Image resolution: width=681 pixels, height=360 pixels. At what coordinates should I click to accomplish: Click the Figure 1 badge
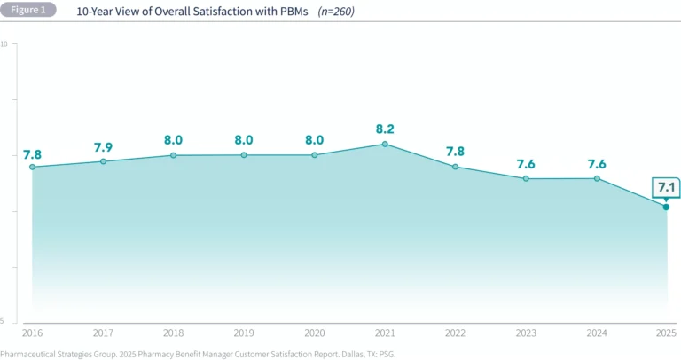pos(27,11)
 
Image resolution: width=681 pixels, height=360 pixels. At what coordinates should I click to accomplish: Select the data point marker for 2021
pos(385,144)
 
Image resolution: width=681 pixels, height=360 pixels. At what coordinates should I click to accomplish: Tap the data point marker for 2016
pos(32,167)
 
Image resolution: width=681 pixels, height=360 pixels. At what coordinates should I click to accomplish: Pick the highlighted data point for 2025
pos(666,207)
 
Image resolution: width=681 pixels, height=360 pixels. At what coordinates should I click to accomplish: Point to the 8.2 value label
pos(385,128)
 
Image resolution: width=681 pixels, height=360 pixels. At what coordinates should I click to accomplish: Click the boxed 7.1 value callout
pos(666,186)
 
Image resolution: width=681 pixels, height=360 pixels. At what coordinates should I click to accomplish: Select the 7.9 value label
pos(104,145)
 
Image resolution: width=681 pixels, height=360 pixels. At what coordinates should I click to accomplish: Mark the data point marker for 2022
pos(455,167)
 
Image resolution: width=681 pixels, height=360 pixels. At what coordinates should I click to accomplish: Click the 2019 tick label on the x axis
pos(244,333)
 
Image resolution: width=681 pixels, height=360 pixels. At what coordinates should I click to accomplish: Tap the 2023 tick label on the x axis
pos(526,333)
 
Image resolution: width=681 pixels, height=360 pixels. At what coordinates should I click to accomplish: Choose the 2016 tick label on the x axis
pos(32,333)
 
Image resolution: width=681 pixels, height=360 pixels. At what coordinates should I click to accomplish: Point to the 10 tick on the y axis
pos(4,44)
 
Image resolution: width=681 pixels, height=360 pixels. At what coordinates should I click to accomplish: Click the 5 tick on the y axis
pos(4,321)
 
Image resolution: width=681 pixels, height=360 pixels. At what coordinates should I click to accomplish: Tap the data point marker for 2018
pos(174,155)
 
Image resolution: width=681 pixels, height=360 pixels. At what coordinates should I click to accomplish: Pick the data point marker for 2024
pos(597,178)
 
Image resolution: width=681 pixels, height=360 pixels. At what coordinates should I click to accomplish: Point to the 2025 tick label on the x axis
pos(665,333)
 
